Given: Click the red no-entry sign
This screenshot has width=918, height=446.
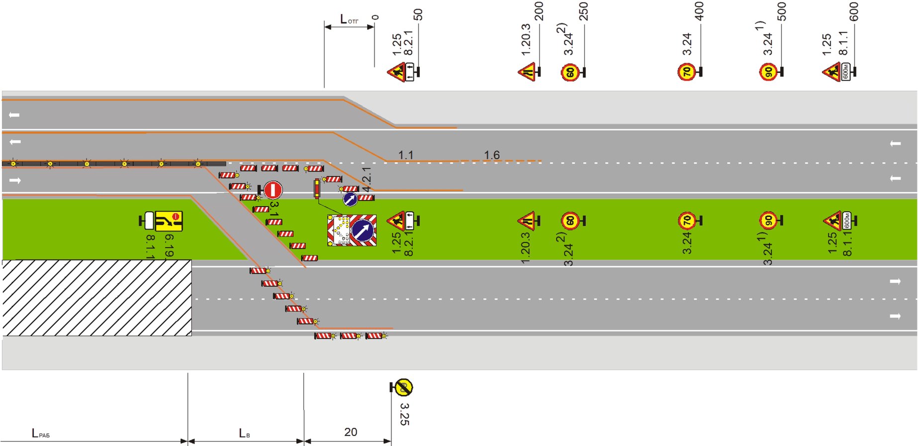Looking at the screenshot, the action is (273, 190).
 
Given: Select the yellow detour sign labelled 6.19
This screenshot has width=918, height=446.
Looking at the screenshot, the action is (169, 221).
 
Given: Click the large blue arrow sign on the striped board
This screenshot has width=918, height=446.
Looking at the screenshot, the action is (363, 230).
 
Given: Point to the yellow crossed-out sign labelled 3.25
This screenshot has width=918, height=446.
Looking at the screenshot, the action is (403, 387).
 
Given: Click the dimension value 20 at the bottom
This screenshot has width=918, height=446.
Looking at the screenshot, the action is (351, 432).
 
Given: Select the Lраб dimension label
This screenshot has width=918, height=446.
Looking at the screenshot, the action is (40, 434).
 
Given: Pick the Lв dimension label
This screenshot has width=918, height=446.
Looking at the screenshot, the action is (244, 434).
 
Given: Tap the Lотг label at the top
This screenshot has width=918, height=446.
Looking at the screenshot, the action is (349, 20).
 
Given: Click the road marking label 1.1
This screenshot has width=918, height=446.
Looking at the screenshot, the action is (406, 155).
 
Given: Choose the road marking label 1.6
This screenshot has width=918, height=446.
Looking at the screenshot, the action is (492, 155).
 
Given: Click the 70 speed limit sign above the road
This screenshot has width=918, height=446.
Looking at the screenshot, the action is (686, 72).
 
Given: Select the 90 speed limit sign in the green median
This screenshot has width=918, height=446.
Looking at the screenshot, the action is (768, 221).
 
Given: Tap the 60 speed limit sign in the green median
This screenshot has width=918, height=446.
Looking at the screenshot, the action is (570, 221).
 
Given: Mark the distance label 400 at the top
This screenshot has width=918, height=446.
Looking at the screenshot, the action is (699, 11).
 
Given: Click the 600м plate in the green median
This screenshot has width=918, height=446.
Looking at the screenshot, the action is (846, 220).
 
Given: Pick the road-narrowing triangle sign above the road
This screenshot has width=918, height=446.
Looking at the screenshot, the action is (527, 72).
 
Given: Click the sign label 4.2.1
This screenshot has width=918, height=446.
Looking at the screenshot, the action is (367, 179).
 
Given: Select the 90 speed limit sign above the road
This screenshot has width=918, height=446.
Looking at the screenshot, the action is (768, 72).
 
